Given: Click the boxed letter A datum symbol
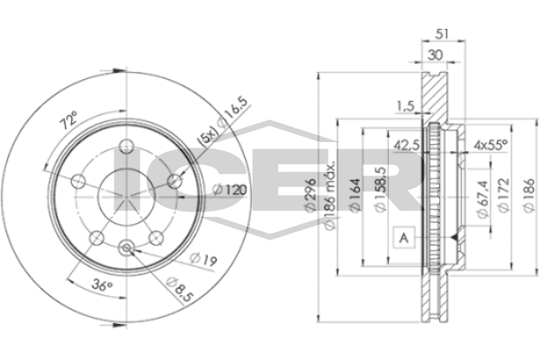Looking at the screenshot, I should [x=404, y=237].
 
